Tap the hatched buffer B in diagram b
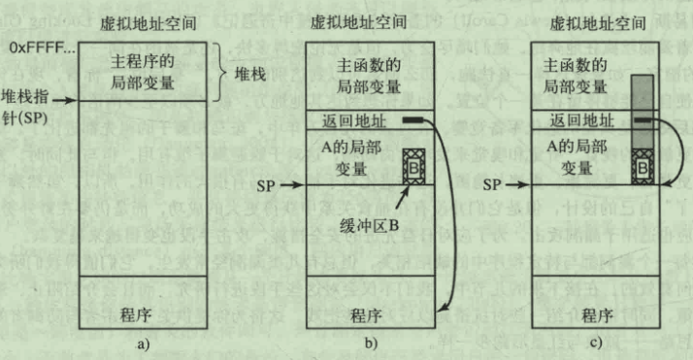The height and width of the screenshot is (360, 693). point(413,162)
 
